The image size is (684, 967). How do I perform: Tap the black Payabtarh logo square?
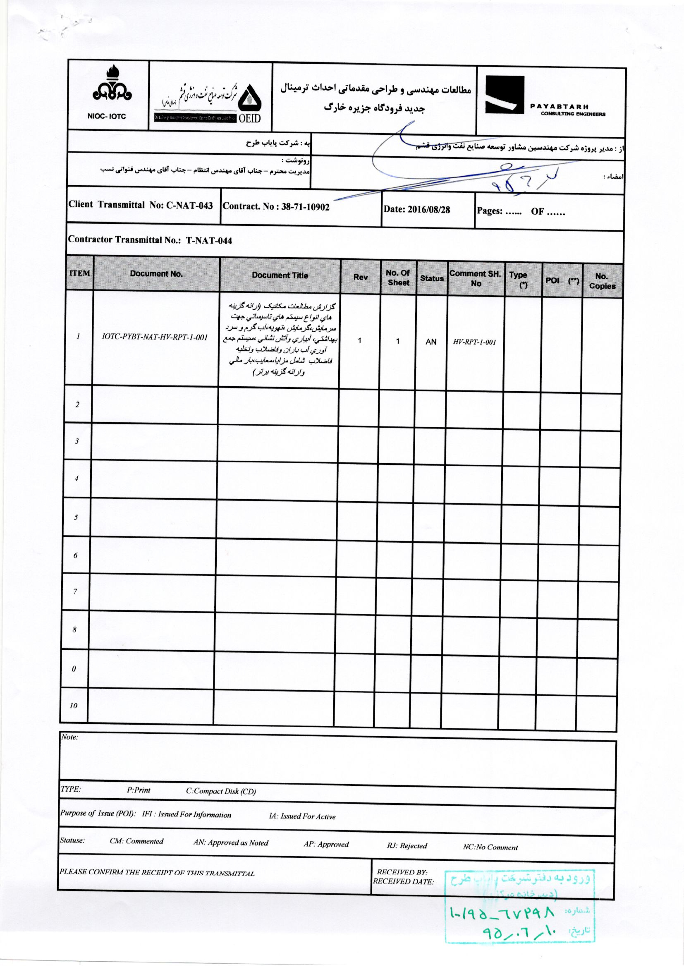(505, 95)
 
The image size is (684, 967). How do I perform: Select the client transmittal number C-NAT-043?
(189, 205)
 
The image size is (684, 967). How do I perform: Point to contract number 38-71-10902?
(305, 207)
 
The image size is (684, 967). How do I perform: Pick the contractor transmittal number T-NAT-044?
(209, 241)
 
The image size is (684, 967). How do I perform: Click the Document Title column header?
(280, 275)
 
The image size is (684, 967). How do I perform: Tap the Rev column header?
(361, 277)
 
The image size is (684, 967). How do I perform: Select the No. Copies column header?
(602, 281)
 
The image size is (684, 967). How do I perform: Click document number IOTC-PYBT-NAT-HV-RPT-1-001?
(155, 337)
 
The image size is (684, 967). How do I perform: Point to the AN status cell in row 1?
(431, 342)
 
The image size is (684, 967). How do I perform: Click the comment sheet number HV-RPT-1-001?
(475, 342)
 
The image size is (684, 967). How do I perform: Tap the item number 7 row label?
(75, 592)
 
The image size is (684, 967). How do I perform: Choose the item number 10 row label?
(73, 706)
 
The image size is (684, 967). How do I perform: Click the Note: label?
(69, 737)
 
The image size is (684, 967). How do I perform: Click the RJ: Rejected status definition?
(407, 846)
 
